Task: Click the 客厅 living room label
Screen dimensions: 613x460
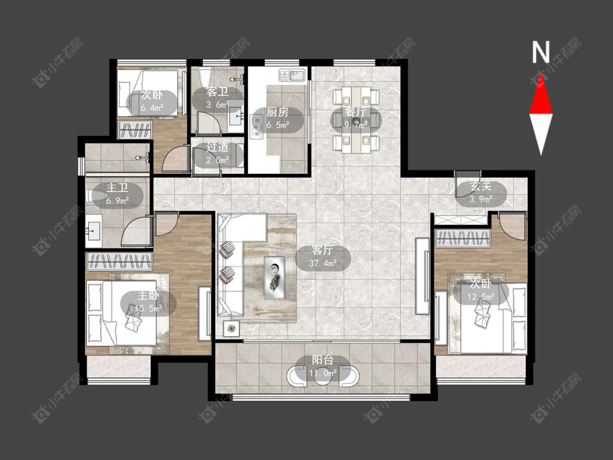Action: (323, 250)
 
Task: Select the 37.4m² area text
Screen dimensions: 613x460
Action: (323, 263)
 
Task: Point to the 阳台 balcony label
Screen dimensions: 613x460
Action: (323, 360)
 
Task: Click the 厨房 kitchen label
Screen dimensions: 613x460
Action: (277, 112)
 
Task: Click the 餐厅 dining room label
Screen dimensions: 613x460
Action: (355, 112)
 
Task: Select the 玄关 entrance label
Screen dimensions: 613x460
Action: (481, 186)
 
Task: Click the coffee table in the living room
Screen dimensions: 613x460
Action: (275, 278)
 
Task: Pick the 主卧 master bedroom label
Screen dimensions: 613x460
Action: (148, 295)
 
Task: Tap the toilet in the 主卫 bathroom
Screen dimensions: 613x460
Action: (96, 196)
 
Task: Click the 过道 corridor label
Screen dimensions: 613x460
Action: (217, 148)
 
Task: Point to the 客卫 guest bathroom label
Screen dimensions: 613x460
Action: (217, 92)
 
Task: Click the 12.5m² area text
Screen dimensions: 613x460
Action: (481, 296)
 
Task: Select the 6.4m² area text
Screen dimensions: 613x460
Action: (152, 107)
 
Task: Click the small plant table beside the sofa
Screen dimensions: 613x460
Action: (231, 328)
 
